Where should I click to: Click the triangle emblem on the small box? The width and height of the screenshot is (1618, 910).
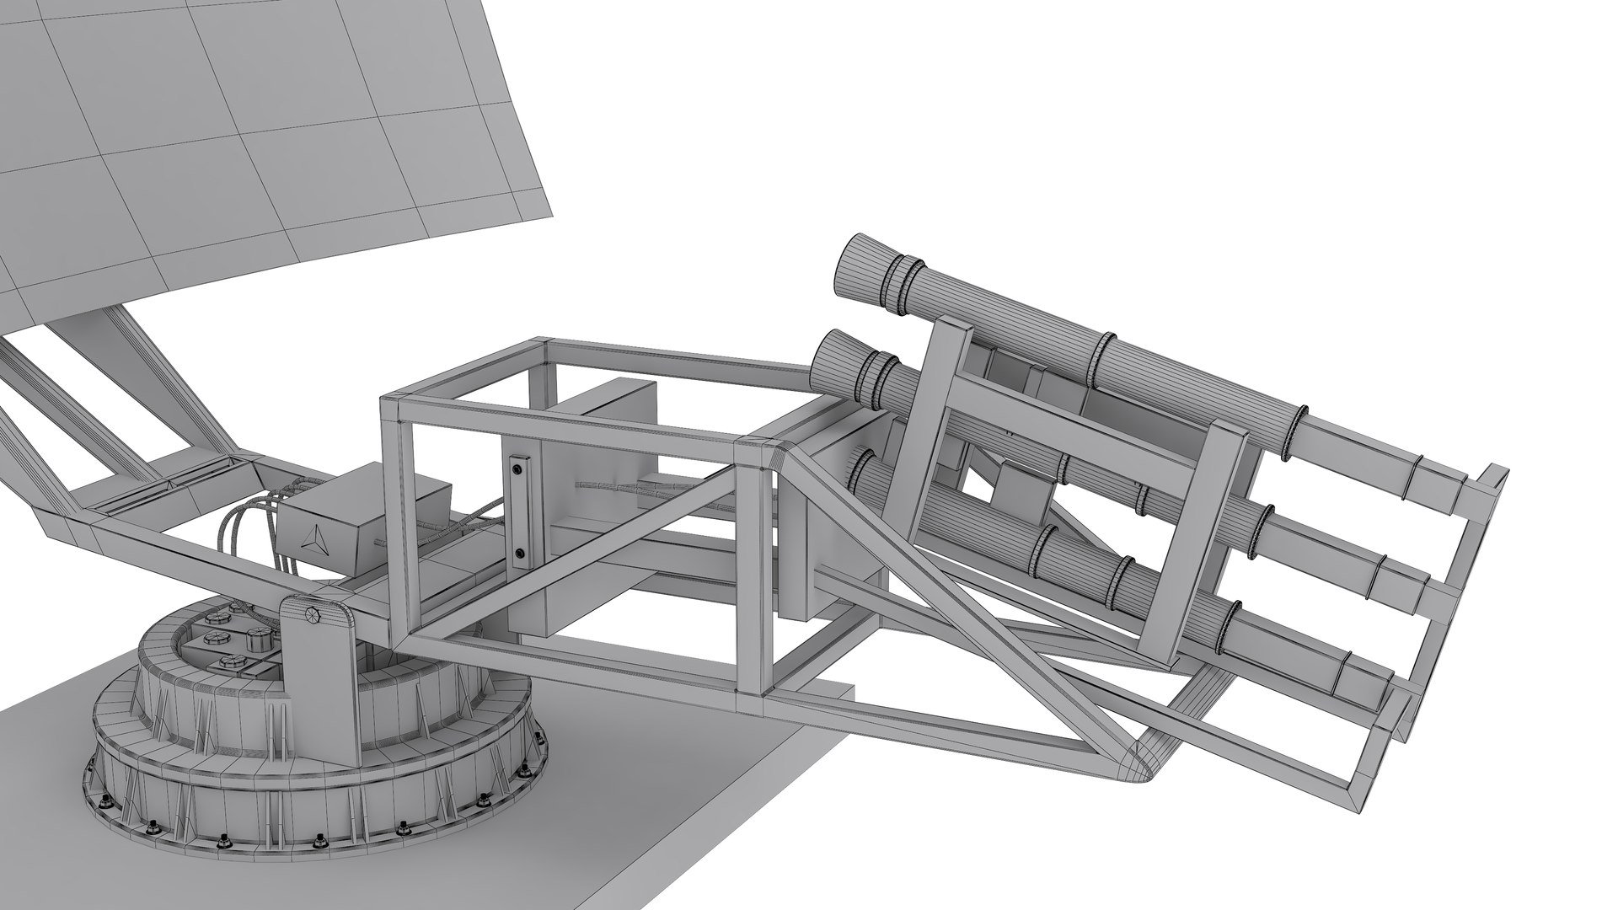pos(313,537)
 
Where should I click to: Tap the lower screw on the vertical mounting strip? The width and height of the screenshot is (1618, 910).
pos(519,554)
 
